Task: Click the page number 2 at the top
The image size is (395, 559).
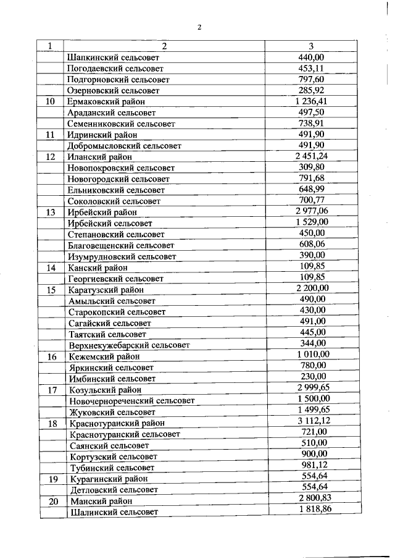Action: (199, 27)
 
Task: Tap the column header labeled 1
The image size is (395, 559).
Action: (51, 46)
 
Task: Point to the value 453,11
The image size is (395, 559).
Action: (311, 69)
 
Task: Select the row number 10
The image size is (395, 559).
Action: (51, 102)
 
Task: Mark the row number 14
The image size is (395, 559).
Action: (51, 267)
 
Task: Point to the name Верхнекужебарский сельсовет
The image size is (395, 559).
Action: (130, 345)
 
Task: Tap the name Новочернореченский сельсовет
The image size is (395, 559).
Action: (133, 401)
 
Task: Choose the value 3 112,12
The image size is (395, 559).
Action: (312, 421)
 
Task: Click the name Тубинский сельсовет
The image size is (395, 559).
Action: (111, 468)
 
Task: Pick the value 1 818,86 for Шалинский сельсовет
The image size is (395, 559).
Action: (313, 510)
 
